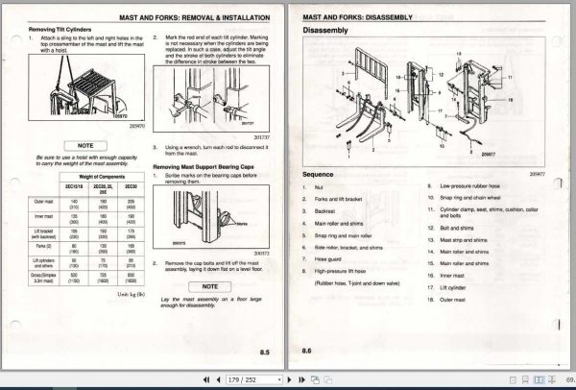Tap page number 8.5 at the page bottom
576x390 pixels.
coord(276,353)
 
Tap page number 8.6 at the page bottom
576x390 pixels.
coord(308,353)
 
